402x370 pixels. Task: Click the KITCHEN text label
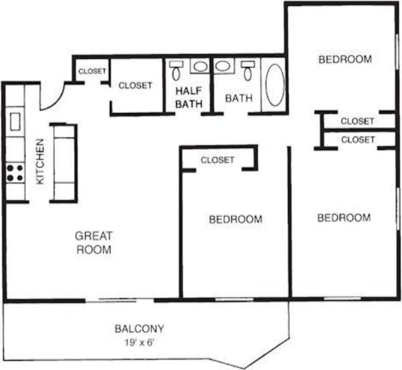[x=40, y=162]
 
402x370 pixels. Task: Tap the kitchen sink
[x=15, y=120]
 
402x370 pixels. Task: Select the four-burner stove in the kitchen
[x=15, y=173]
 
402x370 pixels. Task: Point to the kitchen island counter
[x=64, y=162]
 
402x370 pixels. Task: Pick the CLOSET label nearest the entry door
[x=90, y=72]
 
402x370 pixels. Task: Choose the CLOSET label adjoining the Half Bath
[x=135, y=86]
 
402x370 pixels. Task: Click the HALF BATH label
[x=188, y=97]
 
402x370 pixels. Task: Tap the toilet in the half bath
[x=176, y=70]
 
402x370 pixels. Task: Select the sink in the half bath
[x=200, y=66]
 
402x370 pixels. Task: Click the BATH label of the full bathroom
[x=239, y=98]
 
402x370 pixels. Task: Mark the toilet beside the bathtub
[x=249, y=70]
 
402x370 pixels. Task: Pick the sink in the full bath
[x=222, y=66]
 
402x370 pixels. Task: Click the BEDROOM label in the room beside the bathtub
[x=344, y=60]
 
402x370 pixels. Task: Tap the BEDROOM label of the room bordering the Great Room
[x=235, y=219]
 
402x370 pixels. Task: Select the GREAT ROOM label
[x=93, y=242]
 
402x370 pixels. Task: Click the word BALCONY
[x=139, y=329]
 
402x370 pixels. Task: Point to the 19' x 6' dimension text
[x=139, y=342]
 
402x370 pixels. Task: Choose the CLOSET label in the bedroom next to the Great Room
[x=218, y=160]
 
